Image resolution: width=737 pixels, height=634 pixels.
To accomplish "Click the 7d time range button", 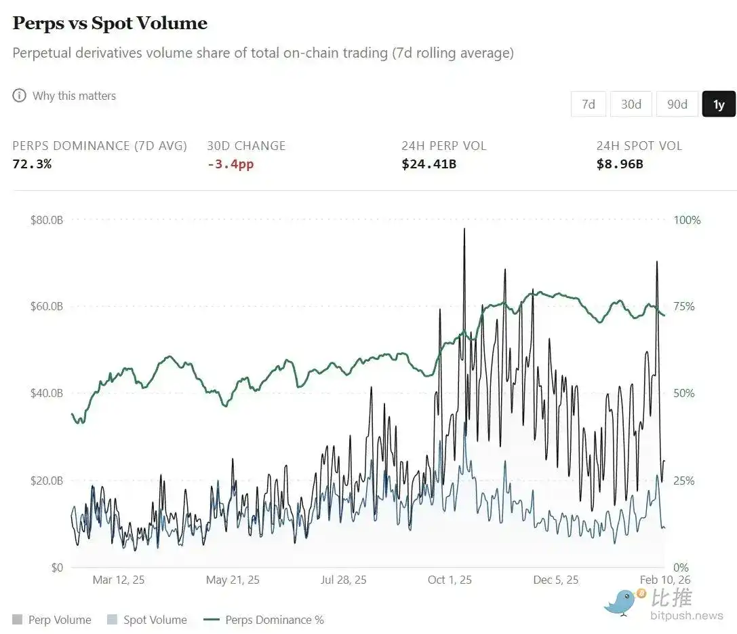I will (x=588, y=104).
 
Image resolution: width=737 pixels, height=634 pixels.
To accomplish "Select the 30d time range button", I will (x=631, y=104).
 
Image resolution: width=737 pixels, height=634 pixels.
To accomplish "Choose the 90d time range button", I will (x=677, y=104).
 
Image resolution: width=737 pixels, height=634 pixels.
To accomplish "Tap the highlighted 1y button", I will (x=719, y=104).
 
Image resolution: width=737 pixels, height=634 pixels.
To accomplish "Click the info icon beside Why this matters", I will (x=19, y=96).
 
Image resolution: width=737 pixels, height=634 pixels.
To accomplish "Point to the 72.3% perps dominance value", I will (x=32, y=164).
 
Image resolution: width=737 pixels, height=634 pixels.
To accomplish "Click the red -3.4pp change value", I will (x=230, y=164).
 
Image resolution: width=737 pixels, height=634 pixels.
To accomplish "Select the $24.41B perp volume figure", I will (x=429, y=164).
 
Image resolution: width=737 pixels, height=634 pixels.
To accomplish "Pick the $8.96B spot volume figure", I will (x=620, y=164).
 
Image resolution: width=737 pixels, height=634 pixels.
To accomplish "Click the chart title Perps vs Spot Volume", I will (x=110, y=23).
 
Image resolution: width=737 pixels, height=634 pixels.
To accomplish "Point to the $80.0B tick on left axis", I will (x=47, y=220).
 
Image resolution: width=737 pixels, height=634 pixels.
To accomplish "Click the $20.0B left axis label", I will (x=47, y=481).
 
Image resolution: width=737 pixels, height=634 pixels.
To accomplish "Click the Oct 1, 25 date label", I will (x=450, y=580).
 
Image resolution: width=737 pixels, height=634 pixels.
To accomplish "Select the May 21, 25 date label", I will (x=233, y=580).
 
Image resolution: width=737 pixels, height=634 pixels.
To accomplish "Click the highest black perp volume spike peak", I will (x=464, y=229).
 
